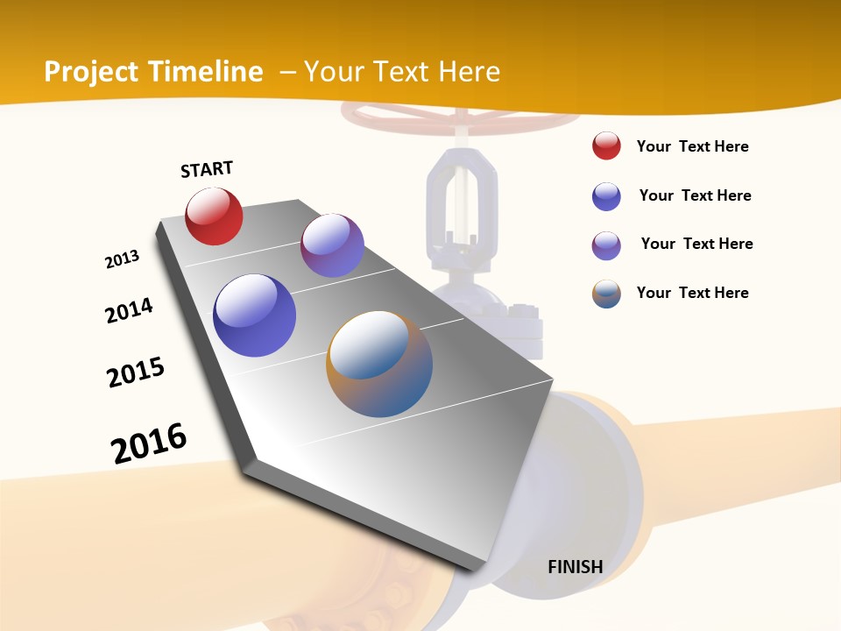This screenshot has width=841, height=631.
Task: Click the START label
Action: [207, 169]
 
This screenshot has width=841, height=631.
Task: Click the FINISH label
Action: [575, 567]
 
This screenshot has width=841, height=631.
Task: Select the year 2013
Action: [122, 259]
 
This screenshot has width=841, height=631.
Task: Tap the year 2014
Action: [129, 310]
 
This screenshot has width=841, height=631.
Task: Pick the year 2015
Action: [136, 372]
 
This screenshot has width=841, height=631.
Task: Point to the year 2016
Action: [149, 443]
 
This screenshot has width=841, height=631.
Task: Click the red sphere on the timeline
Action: [214, 216]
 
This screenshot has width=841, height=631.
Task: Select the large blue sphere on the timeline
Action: [254, 315]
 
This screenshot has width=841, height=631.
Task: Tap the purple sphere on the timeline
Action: [332, 245]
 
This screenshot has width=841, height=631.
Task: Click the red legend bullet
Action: [606, 146]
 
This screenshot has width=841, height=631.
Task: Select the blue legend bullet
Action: [606, 196]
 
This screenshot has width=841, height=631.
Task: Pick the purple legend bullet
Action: [606, 245]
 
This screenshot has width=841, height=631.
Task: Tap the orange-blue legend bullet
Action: [606, 294]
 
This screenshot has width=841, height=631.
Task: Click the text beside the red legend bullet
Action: [692, 146]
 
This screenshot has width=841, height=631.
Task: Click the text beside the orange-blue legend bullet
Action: [692, 293]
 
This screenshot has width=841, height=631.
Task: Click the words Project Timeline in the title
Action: [153, 72]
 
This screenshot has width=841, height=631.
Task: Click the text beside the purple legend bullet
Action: [696, 244]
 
